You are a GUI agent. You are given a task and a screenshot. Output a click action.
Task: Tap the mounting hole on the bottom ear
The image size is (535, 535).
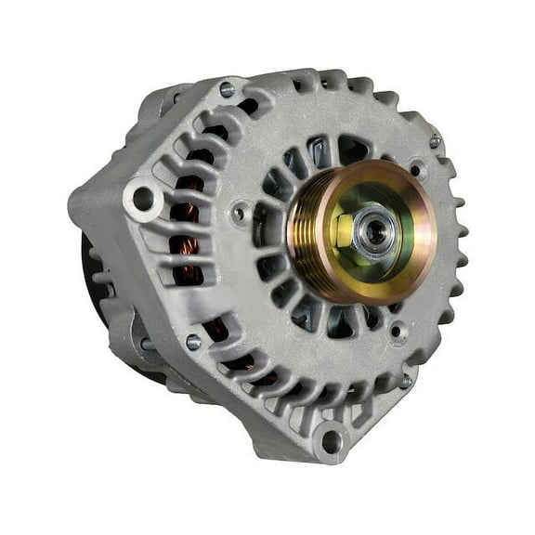[331, 439]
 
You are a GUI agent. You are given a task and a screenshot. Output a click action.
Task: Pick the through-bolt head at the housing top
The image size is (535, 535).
[226, 90]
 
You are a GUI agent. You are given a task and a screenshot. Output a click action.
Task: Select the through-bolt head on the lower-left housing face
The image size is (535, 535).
[193, 342]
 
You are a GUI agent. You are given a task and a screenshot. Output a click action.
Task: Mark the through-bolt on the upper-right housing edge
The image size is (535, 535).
[435, 141]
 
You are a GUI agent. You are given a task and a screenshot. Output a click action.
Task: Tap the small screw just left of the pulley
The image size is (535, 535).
[241, 214]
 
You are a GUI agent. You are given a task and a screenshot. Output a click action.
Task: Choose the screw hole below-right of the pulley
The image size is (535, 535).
[398, 329]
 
